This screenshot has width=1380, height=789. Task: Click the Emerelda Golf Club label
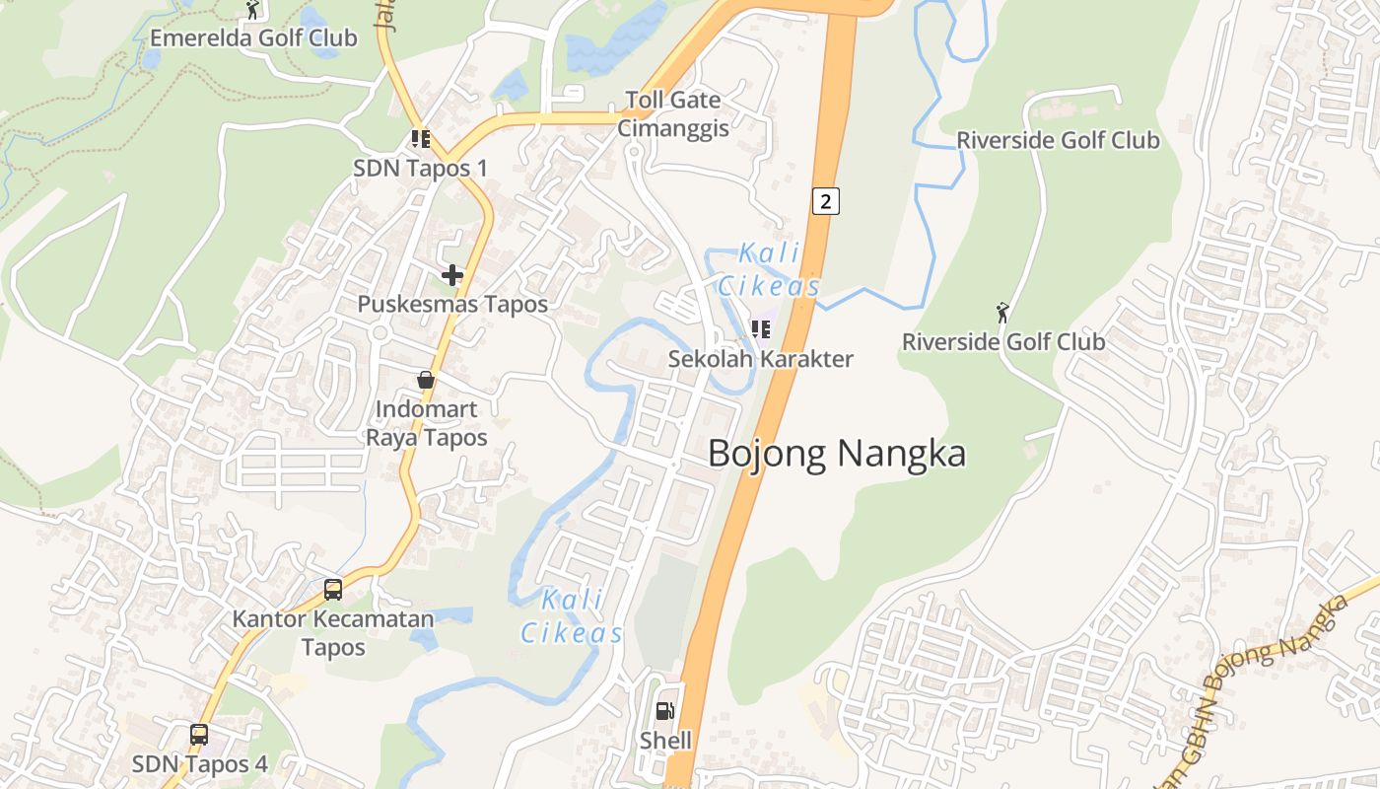(x=253, y=38)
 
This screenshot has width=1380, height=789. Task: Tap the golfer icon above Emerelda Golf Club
(x=252, y=10)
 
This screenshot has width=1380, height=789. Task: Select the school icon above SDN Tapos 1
(x=421, y=139)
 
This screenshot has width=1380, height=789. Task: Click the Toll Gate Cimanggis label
(x=673, y=113)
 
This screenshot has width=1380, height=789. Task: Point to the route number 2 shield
(x=825, y=201)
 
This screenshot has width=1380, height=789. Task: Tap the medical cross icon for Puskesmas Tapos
(x=452, y=275)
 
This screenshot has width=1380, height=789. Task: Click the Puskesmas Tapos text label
(x=452, y=304)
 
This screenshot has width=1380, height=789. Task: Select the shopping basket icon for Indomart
(x=426, y=380)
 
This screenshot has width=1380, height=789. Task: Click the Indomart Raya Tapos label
(x=427, y=423)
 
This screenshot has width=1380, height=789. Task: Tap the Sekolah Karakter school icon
(x=760, y=329)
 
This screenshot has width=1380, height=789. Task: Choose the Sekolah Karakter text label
(x=760, y=358)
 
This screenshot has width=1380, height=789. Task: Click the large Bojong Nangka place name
(x=837, y=454)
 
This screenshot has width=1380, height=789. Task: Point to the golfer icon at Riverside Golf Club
(x=1003, y=313)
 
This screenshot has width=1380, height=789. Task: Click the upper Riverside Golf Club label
(x=1058, y=140)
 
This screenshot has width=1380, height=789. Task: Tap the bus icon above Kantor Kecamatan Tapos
(x=333, y=590)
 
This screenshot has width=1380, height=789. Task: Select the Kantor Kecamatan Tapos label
(x=333, y=633)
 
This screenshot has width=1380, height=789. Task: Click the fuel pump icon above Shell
(x=665, y=711)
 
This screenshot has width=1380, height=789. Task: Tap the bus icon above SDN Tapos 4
(x=199, y=735)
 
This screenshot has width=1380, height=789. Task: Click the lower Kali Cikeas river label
(x=573, y=616)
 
